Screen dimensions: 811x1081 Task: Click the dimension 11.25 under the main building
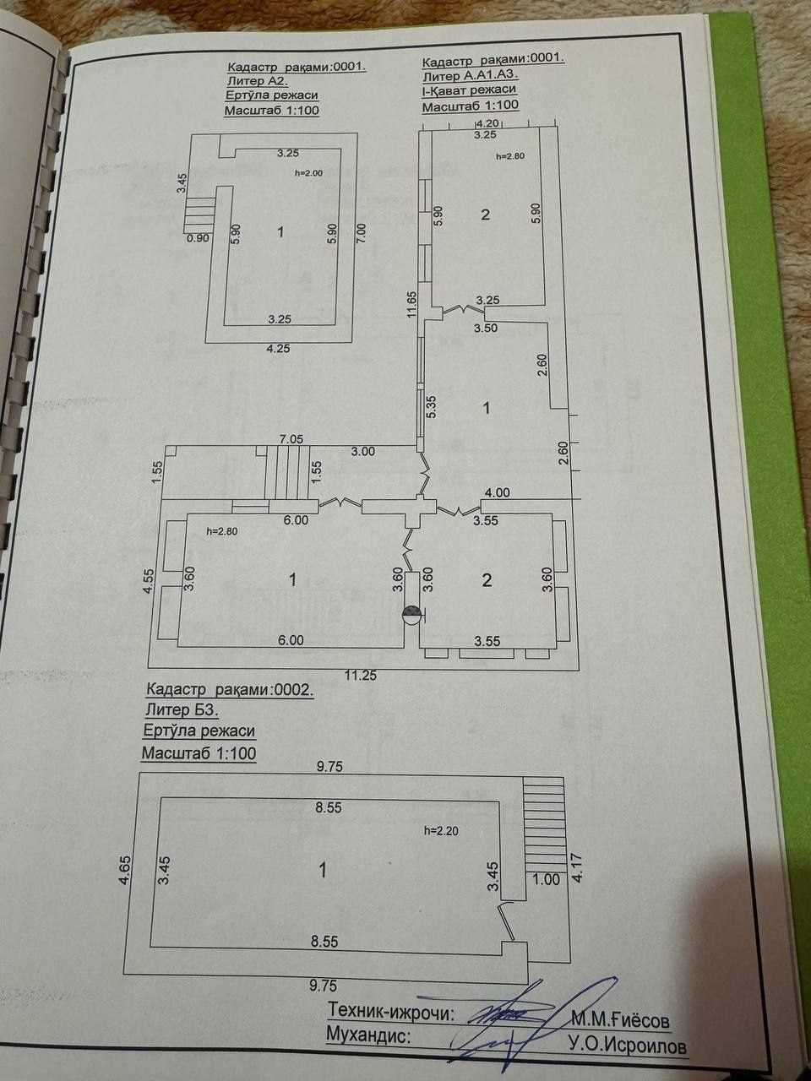pos(361,675)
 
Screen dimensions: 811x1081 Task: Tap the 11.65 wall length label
pos(412,304)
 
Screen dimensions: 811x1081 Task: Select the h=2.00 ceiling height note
pos(308,173)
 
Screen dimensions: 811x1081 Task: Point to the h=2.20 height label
pos(442,831)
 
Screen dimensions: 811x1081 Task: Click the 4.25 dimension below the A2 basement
pos(279,349)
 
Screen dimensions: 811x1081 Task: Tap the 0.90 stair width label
pos(198,238)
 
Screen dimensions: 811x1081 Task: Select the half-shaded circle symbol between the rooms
pos(411,615)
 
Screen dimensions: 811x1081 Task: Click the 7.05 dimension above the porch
pos(291,439)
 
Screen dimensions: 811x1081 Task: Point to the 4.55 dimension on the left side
pos(151,582)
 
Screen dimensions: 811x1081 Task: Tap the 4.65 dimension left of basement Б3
pos(125,871)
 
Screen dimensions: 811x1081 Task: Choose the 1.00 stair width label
pos(546,879)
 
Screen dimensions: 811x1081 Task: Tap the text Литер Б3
pos(182,709)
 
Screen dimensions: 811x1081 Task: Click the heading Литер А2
pos(257,81)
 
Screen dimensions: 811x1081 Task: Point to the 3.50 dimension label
pos(487,328)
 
